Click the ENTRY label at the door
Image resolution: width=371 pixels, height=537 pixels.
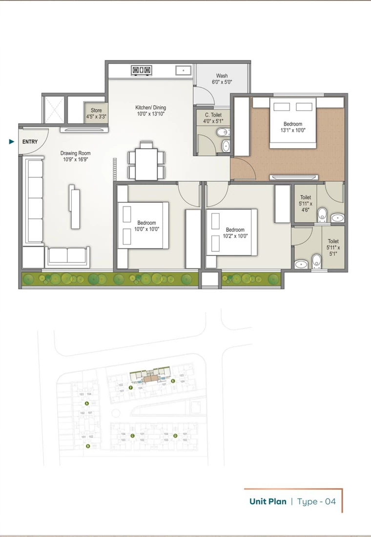coord(30,142)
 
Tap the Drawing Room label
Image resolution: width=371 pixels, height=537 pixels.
coord(76,156)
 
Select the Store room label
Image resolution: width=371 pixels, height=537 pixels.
coord(96,114)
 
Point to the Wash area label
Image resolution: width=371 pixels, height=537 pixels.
coord(222,79)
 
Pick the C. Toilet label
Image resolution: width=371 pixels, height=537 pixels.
coord(213,118)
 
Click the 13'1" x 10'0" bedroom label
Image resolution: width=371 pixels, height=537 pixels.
coord(293,127)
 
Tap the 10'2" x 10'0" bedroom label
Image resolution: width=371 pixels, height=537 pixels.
coord(235,233)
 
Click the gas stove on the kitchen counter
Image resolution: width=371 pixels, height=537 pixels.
coord(141,71)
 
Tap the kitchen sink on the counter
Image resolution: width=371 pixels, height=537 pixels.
coord(183,70)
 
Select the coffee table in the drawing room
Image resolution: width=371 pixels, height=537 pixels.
coord(75,207)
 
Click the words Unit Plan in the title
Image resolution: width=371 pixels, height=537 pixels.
coord(268,501)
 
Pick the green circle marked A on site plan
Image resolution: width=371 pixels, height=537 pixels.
coord(86,403)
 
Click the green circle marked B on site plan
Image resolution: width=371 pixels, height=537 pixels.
coord(88,446)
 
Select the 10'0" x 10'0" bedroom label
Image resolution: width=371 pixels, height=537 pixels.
coord(146,226)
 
